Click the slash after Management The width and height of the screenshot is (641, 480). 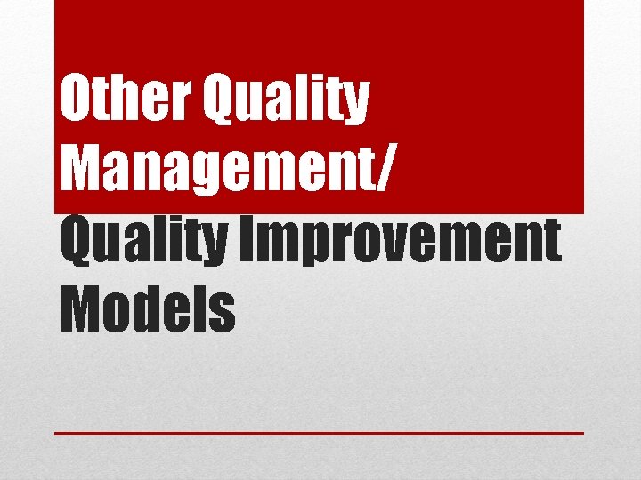pyautogui.click(x=378, y=170)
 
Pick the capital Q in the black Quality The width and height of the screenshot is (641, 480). pyautogui.click(x=76, y=242)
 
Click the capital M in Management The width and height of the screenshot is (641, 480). pyautogui.click(x=78, y=170)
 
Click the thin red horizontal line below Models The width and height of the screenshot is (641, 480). pyautogui.click(x=319, y=433)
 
